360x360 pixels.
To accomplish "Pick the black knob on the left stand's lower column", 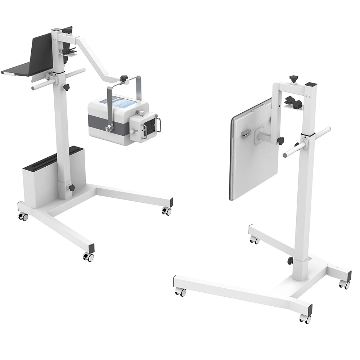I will click(x=72, y=188).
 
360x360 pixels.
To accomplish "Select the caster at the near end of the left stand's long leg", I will click(x=88, y=256).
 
